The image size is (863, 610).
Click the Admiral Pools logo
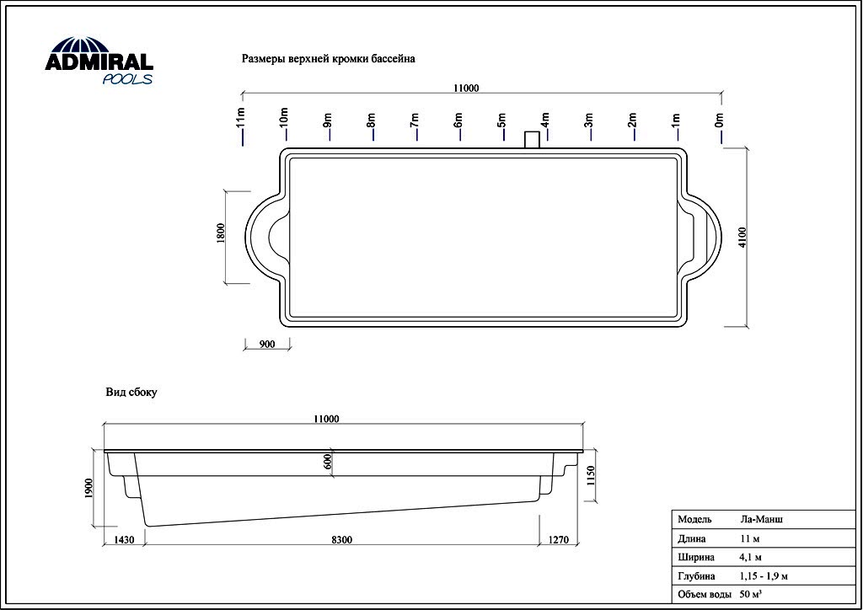click(x=99, y=61)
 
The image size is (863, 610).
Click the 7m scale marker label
click(x=415, y=120)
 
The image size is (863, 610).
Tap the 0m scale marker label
click(x=720, y=120)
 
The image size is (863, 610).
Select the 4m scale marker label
click(x=545, y=120)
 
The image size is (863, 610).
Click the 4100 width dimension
click(x=742, y=237)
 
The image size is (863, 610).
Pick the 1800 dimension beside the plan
click(x=221, y=233)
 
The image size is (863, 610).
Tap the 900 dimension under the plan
click(x=266, y=345)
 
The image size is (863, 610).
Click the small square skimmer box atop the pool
click(x=533, y=140)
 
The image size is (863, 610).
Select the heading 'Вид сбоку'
click(x=131, y=392)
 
